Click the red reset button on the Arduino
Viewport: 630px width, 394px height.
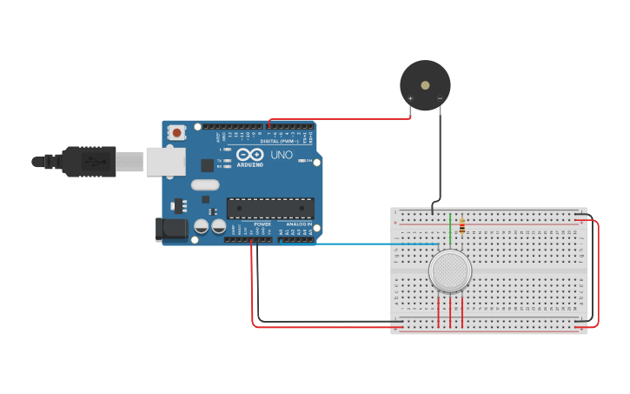click(177, 133)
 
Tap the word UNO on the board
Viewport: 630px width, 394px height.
click(282, 155)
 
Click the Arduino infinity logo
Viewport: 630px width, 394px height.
click(249, 154)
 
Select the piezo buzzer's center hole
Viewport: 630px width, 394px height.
click(425, 85)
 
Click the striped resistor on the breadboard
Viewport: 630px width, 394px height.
click(461, 224)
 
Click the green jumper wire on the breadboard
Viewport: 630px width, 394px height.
click(450, 228)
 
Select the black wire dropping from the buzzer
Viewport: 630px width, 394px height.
click(440, 157)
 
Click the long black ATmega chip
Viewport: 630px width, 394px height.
click(270, 208)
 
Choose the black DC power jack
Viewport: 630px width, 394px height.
click(170, 229)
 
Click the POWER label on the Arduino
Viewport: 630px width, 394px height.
click(262, 224)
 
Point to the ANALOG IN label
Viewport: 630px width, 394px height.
click(299, 224)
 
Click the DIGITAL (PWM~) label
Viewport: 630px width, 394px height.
click(280, 141)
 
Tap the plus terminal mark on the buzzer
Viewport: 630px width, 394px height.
click(410, 97)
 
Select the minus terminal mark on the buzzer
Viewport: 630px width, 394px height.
click(440, 97)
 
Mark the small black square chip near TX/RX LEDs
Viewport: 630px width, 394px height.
click(207, 164)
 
